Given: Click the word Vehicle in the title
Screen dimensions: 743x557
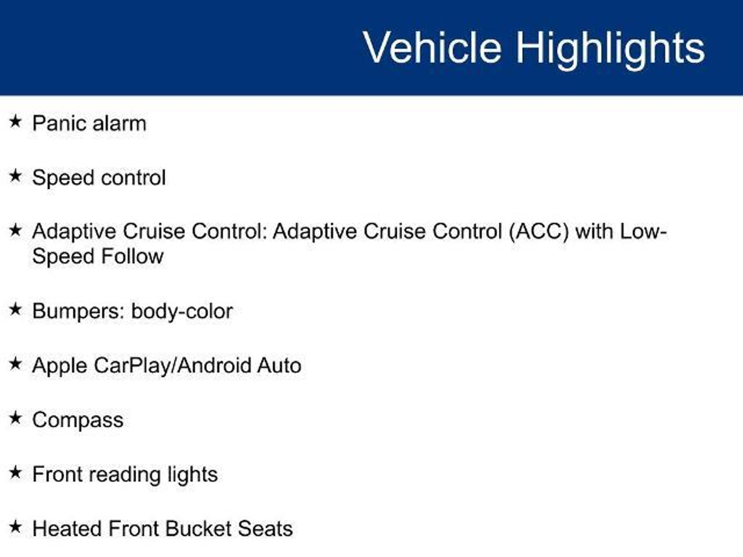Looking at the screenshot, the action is [432, 48].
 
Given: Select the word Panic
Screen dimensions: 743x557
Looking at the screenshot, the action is [59, 123].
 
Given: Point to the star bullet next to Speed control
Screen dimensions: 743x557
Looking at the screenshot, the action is [15, 176].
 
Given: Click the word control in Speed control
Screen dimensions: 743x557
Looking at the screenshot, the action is [132, 178].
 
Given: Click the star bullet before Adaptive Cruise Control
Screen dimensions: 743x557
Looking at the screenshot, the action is [15, 230].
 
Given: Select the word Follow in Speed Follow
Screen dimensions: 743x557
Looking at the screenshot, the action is [132, 256].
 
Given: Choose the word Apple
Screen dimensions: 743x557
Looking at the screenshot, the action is [59, 366].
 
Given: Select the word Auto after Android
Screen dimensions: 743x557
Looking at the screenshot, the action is [279, 366].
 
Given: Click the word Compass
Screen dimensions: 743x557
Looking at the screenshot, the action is [78, 420].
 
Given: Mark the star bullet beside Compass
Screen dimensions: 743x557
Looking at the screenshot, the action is [15, 418].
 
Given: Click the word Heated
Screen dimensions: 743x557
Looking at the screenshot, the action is [67, 528].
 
